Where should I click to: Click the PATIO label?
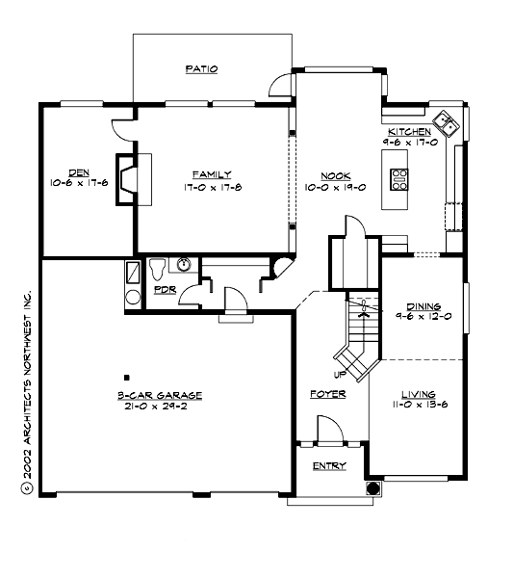(201, 69)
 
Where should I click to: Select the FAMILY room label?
(211, 174)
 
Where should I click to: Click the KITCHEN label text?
(409, 131)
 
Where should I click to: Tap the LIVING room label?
(419, 394)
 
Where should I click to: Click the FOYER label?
(326, 394)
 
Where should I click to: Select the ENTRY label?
(329, 466)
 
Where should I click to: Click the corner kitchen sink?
(447, 122)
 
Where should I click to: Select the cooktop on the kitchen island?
(399, 178)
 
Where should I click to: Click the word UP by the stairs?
(339, 374)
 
